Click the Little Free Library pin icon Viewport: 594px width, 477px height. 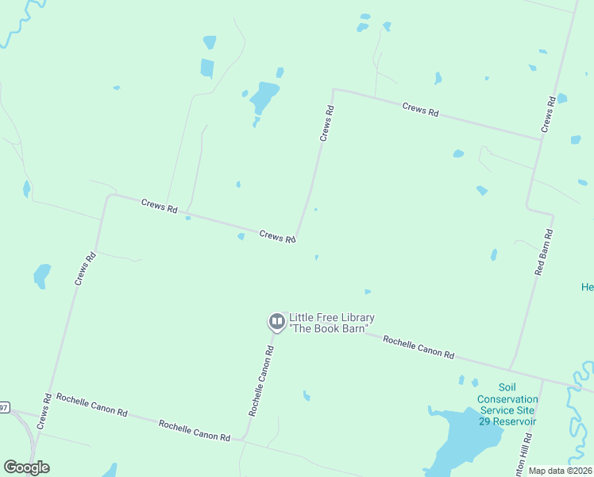click(277, 322)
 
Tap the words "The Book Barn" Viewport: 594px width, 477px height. click(332, 328)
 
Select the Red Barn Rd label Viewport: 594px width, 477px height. click(543, 252)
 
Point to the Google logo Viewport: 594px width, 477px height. click(26, 467)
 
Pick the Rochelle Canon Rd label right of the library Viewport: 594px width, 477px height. click(418, 346)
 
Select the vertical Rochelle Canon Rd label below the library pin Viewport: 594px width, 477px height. click(262, 381)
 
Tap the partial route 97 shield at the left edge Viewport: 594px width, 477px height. click(4, 408)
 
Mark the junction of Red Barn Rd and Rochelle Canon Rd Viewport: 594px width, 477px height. click(511, 368)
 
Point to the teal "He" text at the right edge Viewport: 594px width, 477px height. click(588, 287)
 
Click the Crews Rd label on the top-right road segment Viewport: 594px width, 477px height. click(420, 110)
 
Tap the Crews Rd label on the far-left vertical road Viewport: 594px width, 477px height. click(85, 269)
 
